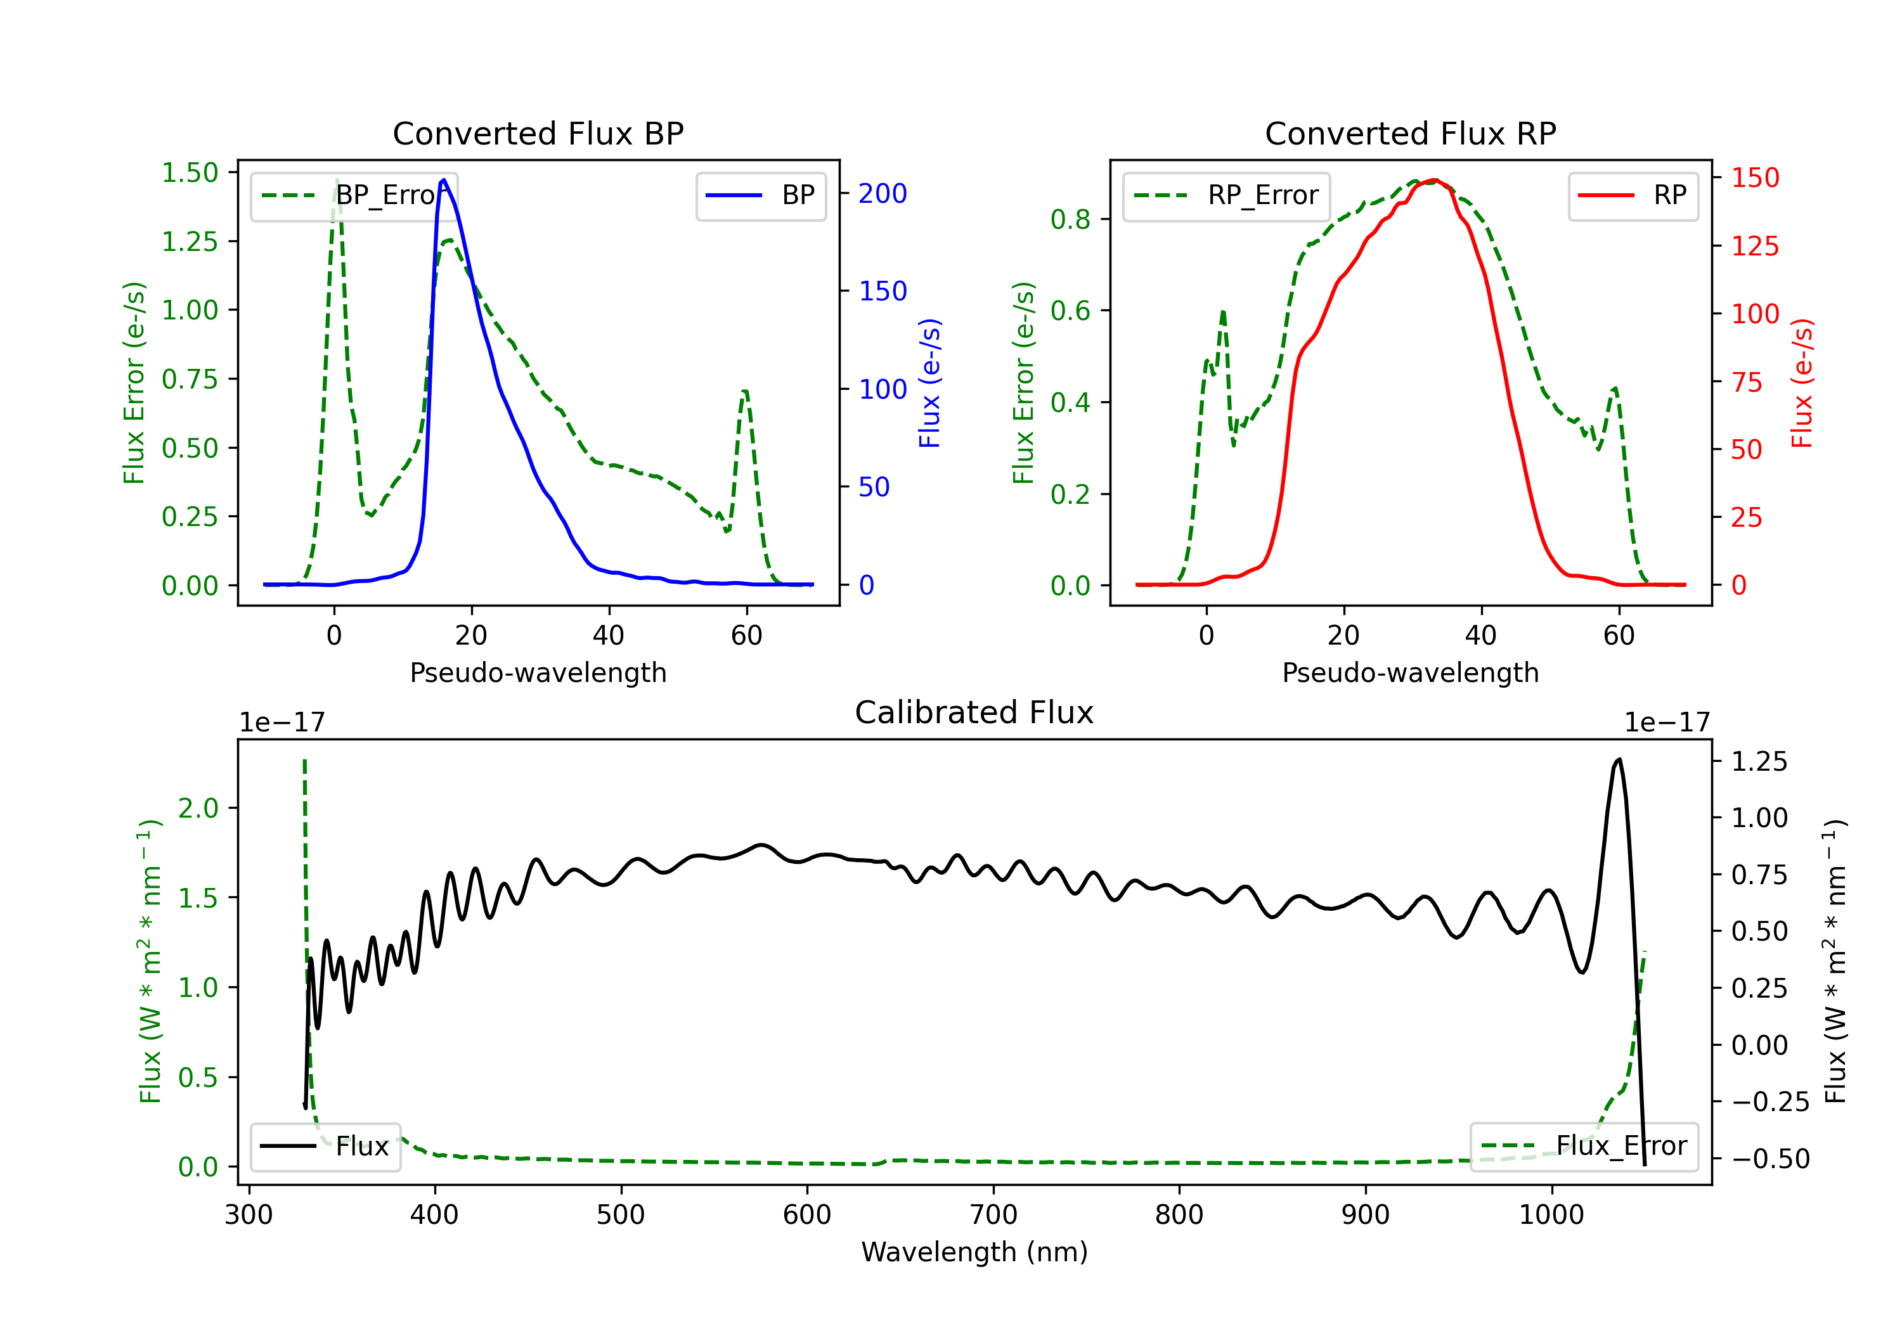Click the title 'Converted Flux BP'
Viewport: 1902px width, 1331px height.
pos(538,133)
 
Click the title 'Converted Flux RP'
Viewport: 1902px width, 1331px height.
pos(1410,133)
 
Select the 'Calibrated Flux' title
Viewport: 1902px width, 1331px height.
pos(974,712)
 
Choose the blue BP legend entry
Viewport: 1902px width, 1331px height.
pos(760,195)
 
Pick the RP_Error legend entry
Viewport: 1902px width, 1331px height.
pos(1226,195)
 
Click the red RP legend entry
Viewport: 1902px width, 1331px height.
pos(1633,195)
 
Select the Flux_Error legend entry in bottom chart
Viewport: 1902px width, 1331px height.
pos(1584,1147)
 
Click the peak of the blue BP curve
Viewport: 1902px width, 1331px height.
pos(444,180)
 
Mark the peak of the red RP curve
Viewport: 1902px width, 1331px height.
pos(1435,180)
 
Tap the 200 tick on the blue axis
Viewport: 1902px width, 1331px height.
pos(883,194)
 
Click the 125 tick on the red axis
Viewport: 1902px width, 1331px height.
pos(1754,246)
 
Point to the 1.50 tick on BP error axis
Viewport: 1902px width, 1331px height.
pos(190,173)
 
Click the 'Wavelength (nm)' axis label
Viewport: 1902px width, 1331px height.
pos(974,1252)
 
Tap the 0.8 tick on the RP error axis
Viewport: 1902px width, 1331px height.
pos(1070,219)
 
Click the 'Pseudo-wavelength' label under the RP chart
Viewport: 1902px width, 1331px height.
pos(1410,672)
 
